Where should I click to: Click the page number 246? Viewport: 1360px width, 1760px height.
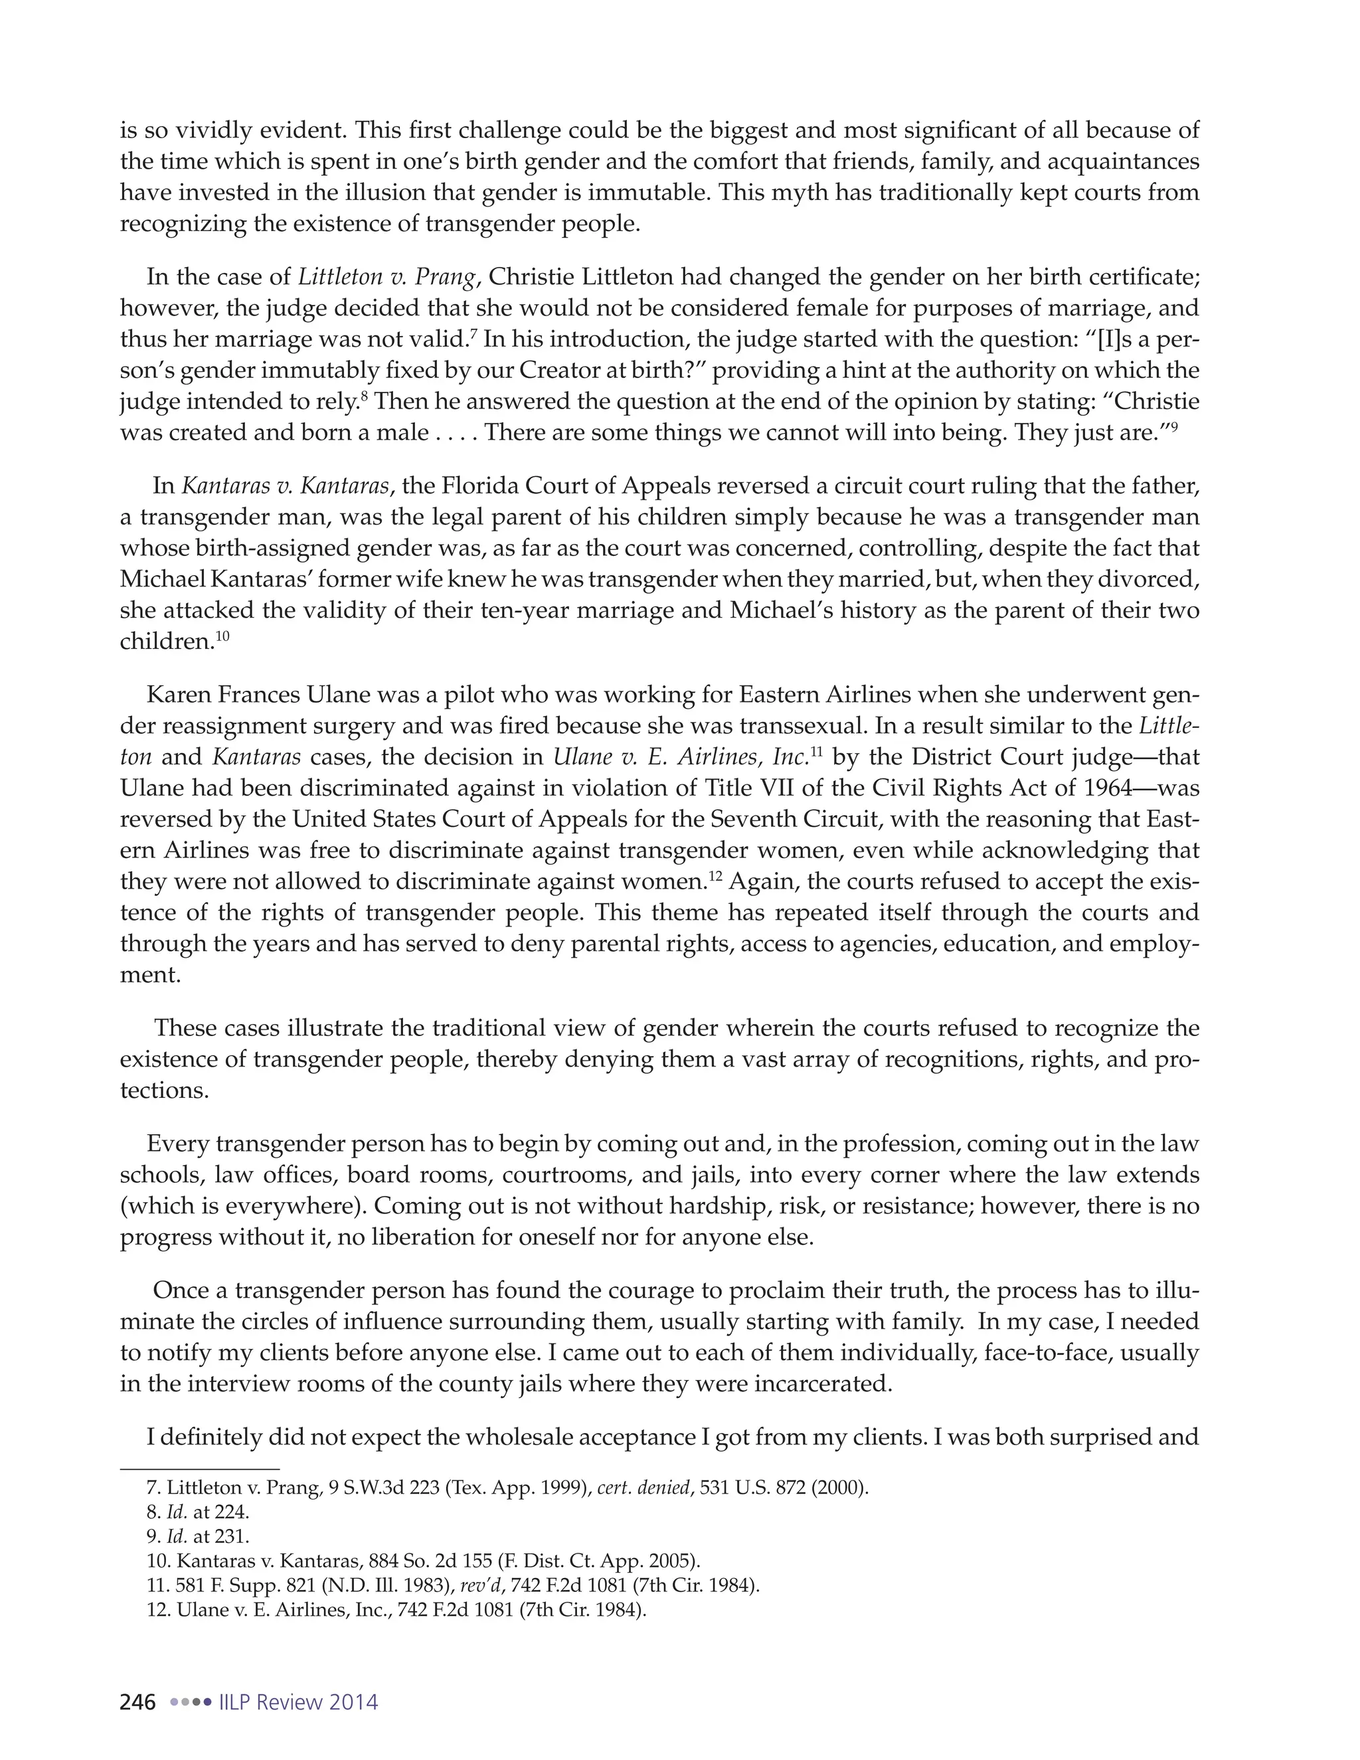coord(137,1702)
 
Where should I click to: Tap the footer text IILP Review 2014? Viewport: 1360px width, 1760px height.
coord(298,1702)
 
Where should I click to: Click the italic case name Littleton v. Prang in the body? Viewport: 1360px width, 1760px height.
coord(386,277)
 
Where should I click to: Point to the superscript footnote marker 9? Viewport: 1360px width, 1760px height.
coord(1174,426)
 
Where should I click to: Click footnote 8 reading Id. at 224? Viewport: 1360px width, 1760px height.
coord(198,1512)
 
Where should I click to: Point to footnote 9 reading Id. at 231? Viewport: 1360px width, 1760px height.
coord(198,1536)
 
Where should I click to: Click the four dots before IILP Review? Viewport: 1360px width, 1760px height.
coord(190,1703)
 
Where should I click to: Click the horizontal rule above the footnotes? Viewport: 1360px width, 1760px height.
coord(199,1468)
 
